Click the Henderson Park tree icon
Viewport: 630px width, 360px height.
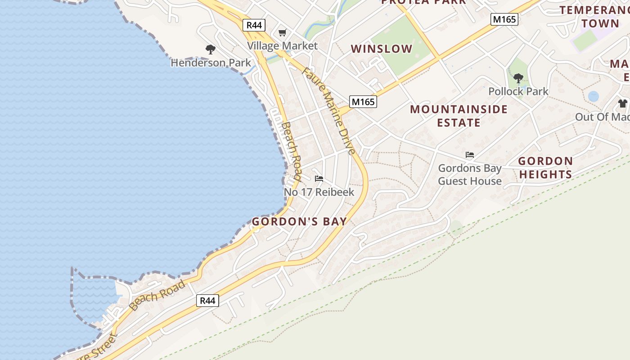point(210,49)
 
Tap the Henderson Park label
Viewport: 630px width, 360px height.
point(211,63)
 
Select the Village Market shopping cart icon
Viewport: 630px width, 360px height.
point(282,32)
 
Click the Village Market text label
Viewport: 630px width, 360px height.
point(282,46)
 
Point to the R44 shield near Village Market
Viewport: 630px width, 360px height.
point(254,25)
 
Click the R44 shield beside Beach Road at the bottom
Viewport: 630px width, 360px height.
point(207,301)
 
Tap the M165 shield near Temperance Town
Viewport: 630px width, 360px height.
point(504,19)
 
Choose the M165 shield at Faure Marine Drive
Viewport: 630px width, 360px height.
point(363,102)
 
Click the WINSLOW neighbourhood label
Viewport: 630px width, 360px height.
point(382,49)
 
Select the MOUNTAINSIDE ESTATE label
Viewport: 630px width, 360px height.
point(459,116)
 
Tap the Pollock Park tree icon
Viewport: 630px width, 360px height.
point(518,78)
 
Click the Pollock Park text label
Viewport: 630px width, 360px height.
point(518,91)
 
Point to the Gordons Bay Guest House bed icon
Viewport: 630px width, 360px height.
point(470,155)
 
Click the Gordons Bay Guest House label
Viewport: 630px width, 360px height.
point(470,175)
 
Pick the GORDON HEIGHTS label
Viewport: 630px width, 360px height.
point(545,167)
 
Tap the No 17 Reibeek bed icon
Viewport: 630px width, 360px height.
point(319,179)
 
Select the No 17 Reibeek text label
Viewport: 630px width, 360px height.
point(319,192)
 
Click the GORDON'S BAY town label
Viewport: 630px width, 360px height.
point(299,221)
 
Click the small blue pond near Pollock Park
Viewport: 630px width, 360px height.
point(594,96)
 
